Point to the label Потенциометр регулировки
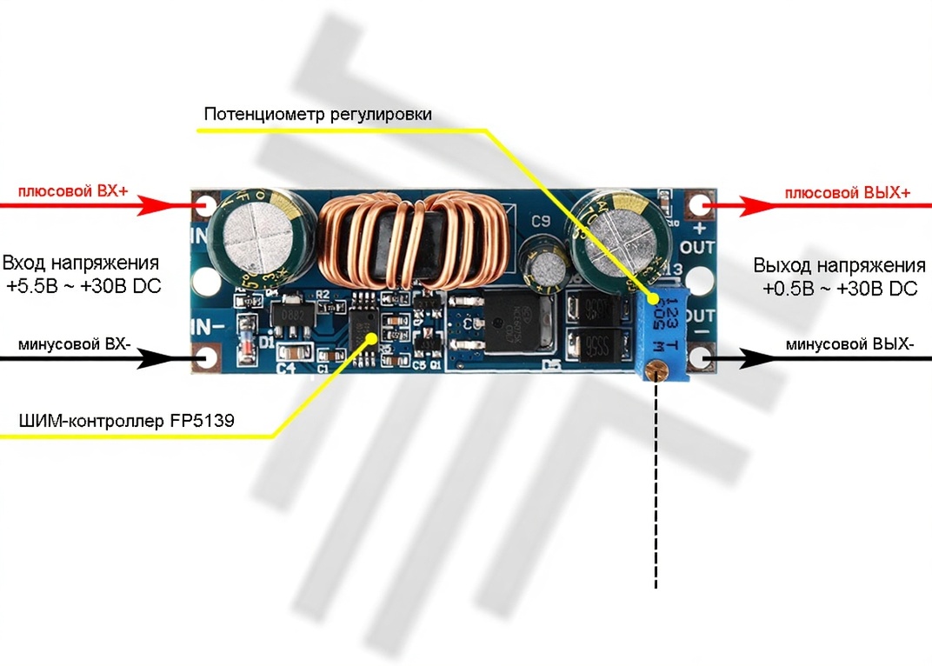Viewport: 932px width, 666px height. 317,114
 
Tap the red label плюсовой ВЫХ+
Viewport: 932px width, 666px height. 848,193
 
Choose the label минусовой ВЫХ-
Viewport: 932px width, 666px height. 849,344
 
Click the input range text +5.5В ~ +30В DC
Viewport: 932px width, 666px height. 83,286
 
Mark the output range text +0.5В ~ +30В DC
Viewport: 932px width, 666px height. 841,289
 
